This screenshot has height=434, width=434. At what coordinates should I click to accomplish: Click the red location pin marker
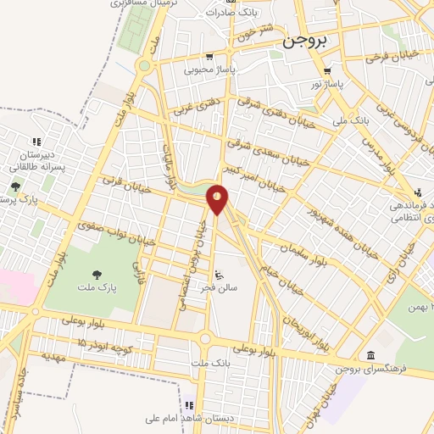pyautogui.click(x=218, y=199)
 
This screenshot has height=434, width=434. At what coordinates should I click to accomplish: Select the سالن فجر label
pyautogui.click(x=220, y=290)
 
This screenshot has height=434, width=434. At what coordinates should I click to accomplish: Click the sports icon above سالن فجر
pyautogui.click(x=220, y=275)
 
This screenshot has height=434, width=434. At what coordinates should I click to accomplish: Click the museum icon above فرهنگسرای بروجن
pyautogui.click(x=370, y=355)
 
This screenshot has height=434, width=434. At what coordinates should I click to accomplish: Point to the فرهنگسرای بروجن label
pyautogui.click(x=372, y=370)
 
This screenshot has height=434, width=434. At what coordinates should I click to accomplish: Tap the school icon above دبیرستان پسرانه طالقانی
pyautogui.click(x=36, y=142)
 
